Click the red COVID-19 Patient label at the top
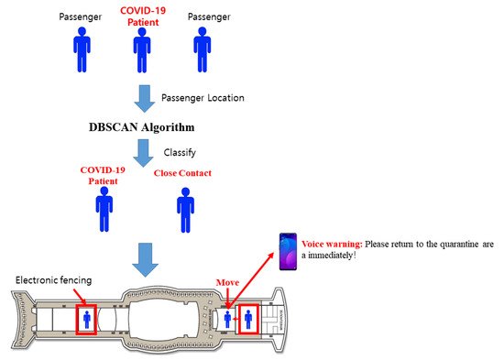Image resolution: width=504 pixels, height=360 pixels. coord(143,16)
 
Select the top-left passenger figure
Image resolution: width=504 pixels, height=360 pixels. coord(82,49)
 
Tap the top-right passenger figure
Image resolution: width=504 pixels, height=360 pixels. coord(203,49)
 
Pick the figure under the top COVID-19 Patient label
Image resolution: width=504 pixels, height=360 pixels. coord(142,50)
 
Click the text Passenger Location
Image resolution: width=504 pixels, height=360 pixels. coord(203,98)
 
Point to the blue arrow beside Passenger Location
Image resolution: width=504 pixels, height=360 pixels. coord(144,99)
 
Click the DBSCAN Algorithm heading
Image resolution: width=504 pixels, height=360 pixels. coord(142,127)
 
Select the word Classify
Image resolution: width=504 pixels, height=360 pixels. coord(180,152)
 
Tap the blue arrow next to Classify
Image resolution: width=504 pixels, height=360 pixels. coord(143,153)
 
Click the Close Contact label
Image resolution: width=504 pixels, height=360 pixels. coord(182,173)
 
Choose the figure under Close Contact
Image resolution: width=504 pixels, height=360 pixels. coord(185,210)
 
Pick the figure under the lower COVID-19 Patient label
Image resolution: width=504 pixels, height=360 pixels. coord(104,209)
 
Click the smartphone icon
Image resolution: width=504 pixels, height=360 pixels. coord(288,251)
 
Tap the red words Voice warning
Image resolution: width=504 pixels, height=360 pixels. coord(332,244)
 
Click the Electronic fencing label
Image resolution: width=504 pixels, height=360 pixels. coord(54,280)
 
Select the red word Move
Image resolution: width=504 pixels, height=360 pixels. coord(227,282)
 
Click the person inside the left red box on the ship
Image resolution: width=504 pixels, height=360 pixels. coord(87,320)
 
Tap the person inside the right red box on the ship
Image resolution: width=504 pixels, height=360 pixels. coord(248,319)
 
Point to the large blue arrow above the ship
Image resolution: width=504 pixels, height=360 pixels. coord(145,260)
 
